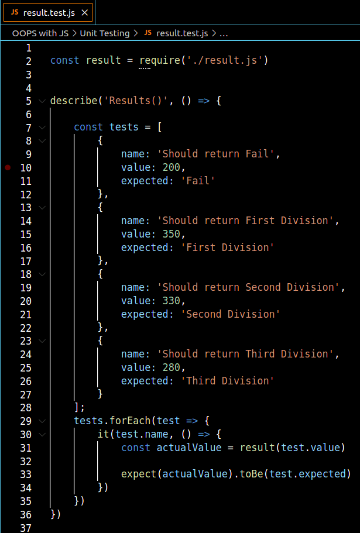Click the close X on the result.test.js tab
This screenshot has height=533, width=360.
click(x=85, y=12)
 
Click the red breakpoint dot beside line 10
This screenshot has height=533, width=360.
click(x=8, y=167)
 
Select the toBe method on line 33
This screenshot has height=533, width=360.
click(x=251, y=474)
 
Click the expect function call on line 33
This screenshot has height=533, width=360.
click(x=138, y=474)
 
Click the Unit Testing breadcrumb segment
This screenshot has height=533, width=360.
click(x=105, y=33)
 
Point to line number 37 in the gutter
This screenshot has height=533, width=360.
click(x=25, y=528)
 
